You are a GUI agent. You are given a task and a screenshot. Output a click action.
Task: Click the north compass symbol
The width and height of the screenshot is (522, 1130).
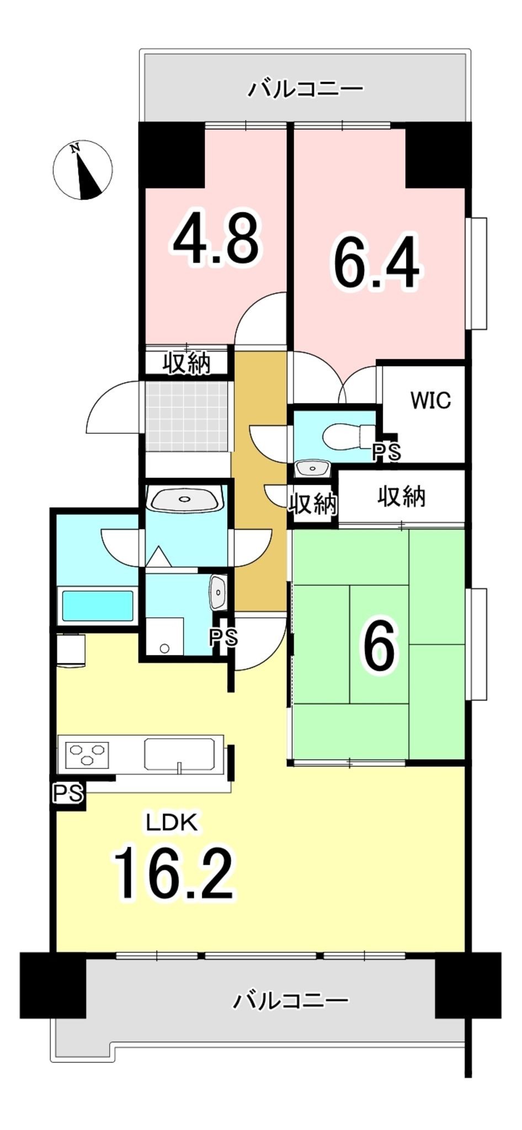click(83, 170)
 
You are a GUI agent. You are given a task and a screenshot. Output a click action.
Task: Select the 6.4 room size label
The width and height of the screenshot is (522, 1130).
click(375, 263)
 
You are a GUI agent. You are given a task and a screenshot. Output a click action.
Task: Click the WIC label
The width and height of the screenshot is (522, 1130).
click(430, 400)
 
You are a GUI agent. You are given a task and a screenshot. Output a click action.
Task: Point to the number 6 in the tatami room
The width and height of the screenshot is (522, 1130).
click(379, 645)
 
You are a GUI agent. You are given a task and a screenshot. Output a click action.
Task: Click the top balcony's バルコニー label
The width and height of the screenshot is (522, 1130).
click(305, 88)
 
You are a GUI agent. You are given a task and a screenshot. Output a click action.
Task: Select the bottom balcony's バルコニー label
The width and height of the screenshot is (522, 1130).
click(290, 1000)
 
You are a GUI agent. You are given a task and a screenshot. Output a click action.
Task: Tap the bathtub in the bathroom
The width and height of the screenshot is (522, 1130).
click(97, 606)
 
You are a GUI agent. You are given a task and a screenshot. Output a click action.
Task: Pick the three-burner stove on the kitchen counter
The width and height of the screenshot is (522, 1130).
click(87, 754)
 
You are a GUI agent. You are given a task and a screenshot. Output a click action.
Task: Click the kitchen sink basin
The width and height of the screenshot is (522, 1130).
click(179, 753)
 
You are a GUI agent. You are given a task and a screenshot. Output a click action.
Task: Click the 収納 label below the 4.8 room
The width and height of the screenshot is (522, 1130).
click(187, 363)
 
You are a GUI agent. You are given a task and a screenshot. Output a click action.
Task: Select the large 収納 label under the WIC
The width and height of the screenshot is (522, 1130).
click(401, 497)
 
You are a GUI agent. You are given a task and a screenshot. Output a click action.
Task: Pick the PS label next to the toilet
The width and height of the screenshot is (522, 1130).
click(387, 452)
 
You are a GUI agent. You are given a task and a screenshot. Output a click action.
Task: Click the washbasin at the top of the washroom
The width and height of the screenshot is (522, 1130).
click(185, 499)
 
